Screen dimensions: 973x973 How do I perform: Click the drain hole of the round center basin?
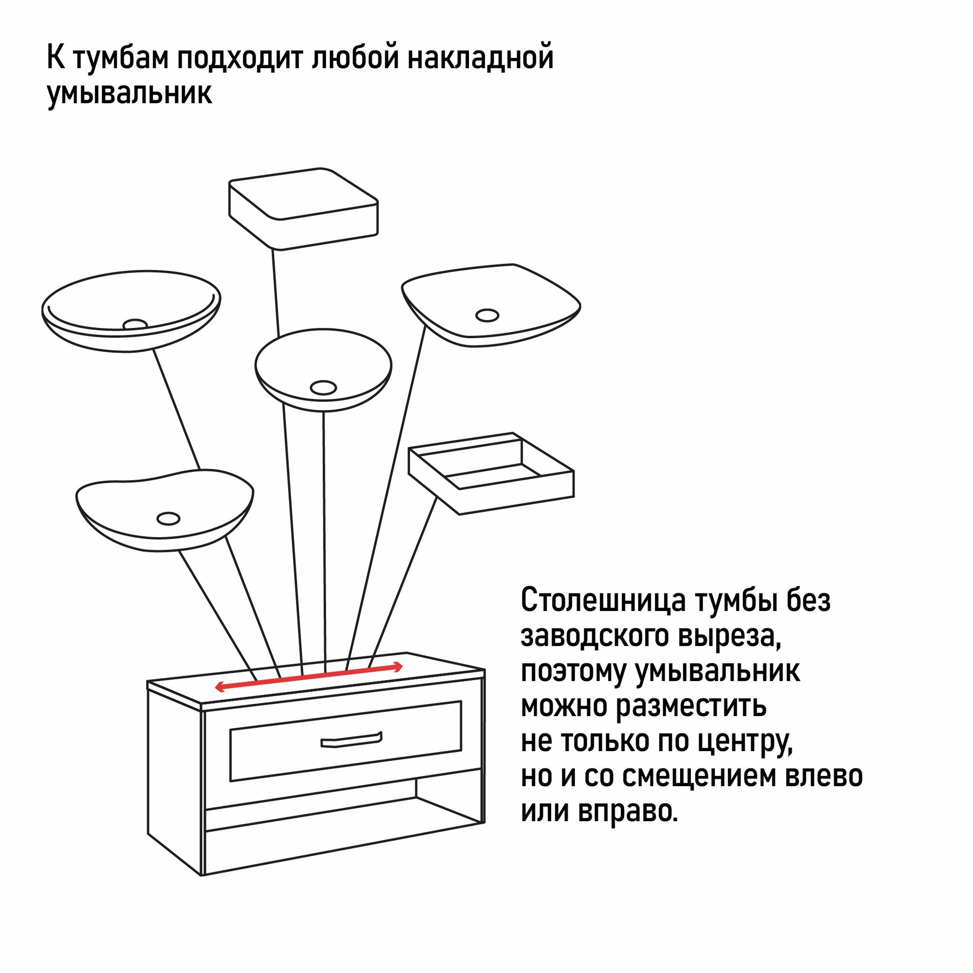coord(323,387)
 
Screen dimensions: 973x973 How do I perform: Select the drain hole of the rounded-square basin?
coord(487,315)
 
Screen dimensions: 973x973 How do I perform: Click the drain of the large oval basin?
coord(135,324)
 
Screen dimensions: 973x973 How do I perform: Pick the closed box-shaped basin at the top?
coord(303,209)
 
